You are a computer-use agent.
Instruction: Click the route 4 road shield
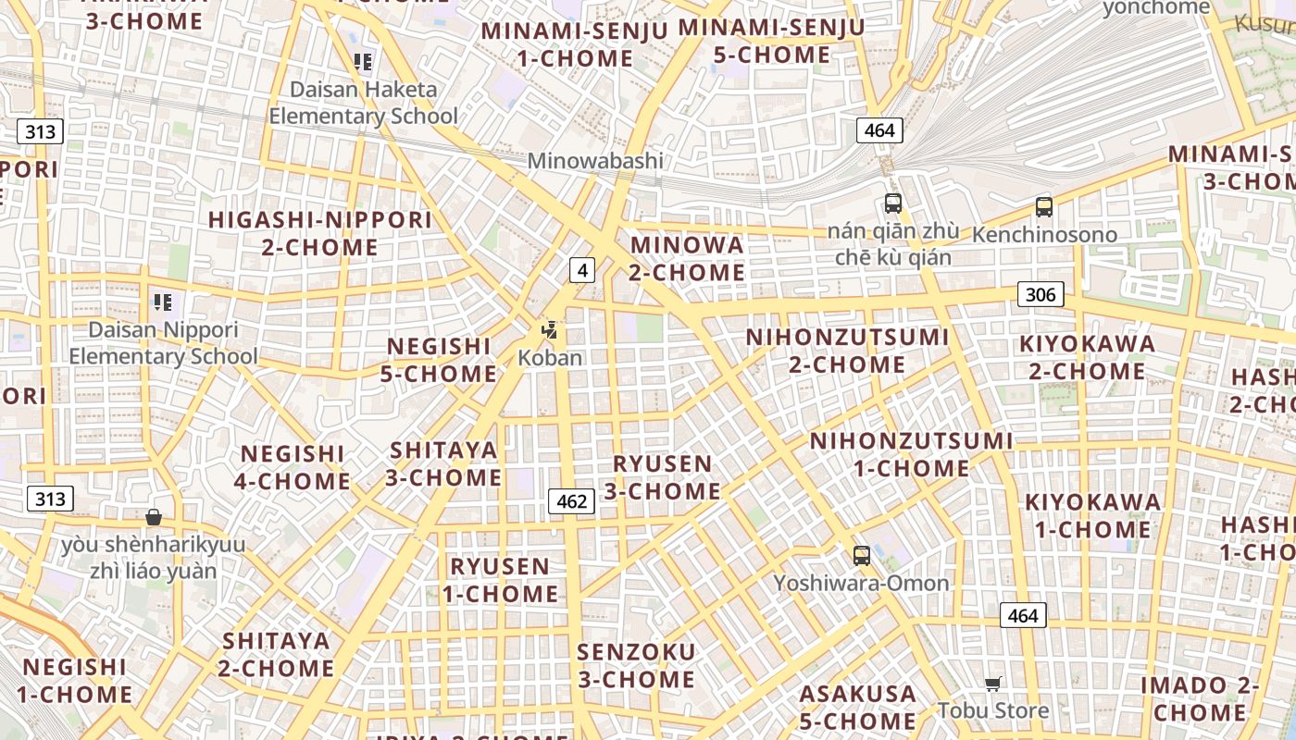(x=581, y=270)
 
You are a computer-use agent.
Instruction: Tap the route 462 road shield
(x=571, y=501)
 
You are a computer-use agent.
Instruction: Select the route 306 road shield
(x=1041, y=294)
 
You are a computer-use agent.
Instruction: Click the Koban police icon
(x=550, y=329)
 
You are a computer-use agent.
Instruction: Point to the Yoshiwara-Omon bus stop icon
(x=861, y=556)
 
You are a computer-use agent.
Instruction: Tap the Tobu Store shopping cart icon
(x=993, y=684)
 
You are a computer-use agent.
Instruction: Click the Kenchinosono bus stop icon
(x=1044, y=207)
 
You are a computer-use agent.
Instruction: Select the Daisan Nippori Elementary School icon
(x=163, y=302)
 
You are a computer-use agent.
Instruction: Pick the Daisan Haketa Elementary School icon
(x=363, y=62)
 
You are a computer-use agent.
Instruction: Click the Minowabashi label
(x=595, y=160)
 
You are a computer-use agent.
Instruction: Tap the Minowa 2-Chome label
(x=687, y=259)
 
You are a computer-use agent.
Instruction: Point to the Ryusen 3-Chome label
(x=663, y=477)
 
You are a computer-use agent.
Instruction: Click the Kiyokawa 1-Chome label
(x=1092, y=516)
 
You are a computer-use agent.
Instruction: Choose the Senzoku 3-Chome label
(x=636, y=666)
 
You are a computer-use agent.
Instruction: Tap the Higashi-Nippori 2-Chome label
(x=320, y=234)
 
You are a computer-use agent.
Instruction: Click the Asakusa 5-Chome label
(x=858, y=707)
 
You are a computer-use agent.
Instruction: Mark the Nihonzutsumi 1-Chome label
(x=912, y=454)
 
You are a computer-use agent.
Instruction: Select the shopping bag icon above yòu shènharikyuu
(x=154, y=517)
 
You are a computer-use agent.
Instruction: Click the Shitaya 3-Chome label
(x=443, y=464)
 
